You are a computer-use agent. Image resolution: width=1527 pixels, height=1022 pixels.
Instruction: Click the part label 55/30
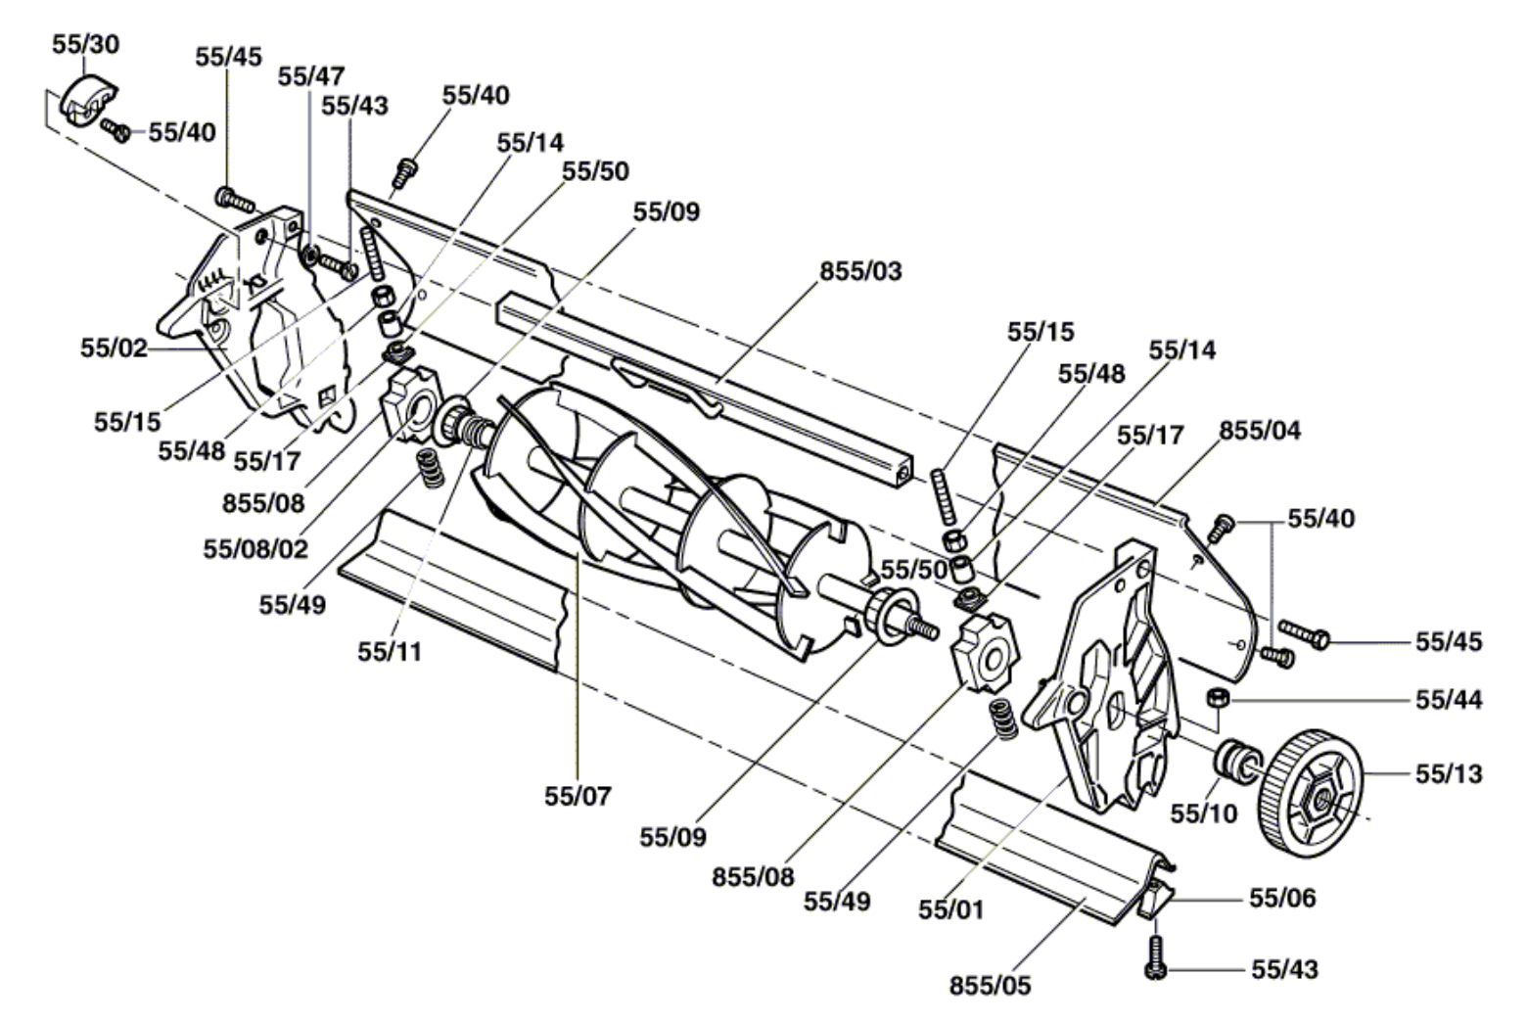pos(86,44)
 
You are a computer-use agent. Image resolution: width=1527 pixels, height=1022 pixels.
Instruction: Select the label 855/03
pos(860,271)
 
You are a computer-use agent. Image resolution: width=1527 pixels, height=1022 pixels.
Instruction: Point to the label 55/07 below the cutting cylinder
pos(578,796)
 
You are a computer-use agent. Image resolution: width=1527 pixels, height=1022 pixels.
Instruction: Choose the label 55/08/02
pos(255,549)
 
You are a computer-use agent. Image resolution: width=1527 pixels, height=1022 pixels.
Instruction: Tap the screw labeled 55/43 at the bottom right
pos(1155,958)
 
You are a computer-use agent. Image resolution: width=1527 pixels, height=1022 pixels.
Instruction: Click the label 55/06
pos(1282,898)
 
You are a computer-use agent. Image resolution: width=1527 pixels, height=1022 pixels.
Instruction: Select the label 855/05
pos(990,985)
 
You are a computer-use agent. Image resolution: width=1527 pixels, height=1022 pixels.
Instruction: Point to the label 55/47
pos(311,76)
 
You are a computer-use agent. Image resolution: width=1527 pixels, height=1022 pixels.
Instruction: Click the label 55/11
pos(390,652)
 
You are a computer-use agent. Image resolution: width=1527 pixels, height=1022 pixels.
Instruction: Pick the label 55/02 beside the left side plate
pos(114,348)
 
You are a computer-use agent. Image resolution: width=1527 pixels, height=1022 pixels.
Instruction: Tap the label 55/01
pos(951,909)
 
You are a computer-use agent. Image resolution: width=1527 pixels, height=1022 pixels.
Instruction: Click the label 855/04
pos(1260,431)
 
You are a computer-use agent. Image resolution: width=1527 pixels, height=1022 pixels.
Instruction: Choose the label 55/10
pos(1204,813)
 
